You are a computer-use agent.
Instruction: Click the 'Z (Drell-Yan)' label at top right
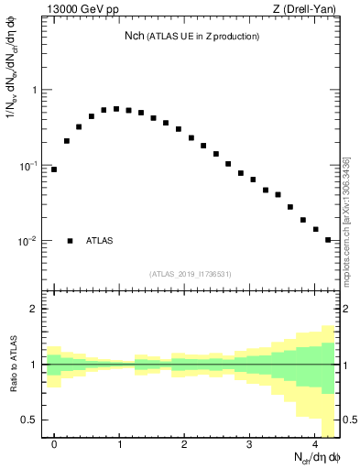(306, 10)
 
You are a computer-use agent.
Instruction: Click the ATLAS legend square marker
(70, 241)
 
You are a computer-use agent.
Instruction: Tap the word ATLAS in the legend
(100, 241)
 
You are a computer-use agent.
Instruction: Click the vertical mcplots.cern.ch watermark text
(346, 220)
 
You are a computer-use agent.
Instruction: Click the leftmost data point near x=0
(54, 169)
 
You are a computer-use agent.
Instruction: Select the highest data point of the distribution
(116, 108)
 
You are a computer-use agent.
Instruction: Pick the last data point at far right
(328, 240)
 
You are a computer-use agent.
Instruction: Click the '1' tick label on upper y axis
(35, 90)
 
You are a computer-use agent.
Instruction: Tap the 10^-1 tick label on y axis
(30, 166)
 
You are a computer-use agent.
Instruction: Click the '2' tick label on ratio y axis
(35, 309)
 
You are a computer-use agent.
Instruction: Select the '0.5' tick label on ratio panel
(31, 420)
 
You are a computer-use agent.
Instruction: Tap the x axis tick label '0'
(54, 444)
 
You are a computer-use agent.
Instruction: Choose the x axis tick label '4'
(315, 444)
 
